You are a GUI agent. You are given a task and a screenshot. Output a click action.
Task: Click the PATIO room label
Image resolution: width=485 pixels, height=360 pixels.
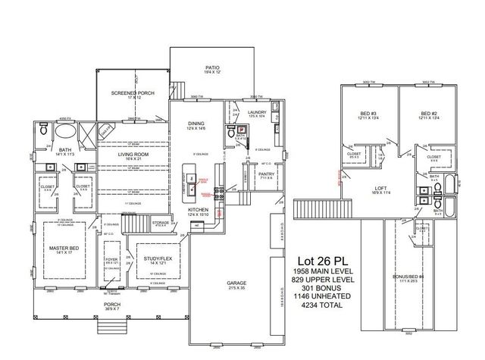(x=212, y=67)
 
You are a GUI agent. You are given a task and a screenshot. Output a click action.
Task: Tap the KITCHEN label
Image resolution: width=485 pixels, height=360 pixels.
(x=199, y=210)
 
